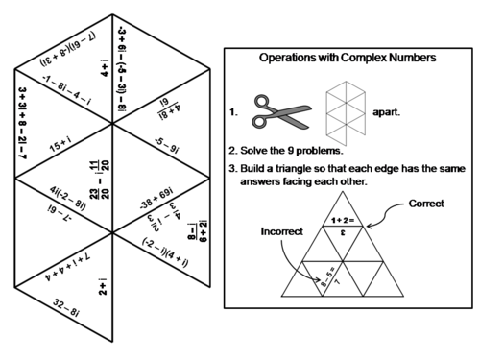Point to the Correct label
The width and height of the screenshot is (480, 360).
(x=426, y=204)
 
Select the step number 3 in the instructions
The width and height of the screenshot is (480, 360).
(x=232, y=170)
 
